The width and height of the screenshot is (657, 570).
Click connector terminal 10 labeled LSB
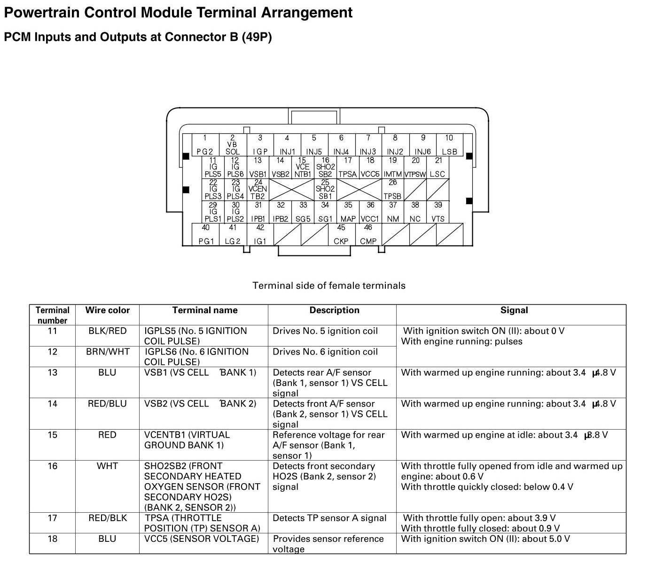(449, 145)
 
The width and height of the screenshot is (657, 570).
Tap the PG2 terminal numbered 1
(205, 145)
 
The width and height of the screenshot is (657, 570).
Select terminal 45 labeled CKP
(341, 234)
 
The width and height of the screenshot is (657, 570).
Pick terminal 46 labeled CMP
(368, 234)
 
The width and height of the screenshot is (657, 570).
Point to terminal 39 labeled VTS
(438, 212)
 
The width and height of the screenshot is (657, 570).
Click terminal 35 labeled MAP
(348, 212)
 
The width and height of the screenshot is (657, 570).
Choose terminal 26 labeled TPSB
(393, 189)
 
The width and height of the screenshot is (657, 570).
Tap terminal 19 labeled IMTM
(393, 167)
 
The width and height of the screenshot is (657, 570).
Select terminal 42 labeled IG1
(260, 234)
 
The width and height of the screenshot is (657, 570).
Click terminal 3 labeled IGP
(260, 145)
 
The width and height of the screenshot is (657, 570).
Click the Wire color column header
(107, 310)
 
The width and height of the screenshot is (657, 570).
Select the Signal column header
(514, 310)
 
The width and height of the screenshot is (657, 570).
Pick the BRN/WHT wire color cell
(108, 352)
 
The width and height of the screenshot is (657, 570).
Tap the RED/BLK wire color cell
(108, 518)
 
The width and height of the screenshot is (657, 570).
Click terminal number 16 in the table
(52, 466)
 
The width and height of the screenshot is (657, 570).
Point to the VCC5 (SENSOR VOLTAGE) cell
(202, 539)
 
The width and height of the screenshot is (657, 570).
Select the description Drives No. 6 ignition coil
(325, 352)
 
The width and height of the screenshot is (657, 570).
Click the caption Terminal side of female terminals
(329, 285)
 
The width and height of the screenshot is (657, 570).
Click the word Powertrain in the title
(42, 12)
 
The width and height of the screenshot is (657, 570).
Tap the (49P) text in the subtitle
(257, 37)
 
